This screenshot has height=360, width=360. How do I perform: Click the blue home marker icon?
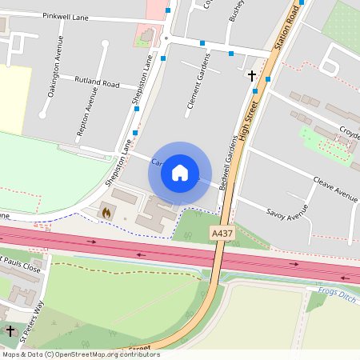pos(180,173)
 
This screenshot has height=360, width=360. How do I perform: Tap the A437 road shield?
pos(222,232)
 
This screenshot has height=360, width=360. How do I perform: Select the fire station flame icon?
pos(106,213)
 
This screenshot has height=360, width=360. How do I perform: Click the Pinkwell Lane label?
pos(66,15)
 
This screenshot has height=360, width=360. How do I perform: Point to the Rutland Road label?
pos(96,82)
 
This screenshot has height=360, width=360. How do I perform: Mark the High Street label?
pos(250,119)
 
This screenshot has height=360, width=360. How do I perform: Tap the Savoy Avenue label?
pos(286,212)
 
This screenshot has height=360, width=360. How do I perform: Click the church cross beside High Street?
pos(252,77)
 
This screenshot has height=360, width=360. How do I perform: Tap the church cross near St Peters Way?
pos(10,330)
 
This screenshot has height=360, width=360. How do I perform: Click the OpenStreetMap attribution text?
pos(80,354)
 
